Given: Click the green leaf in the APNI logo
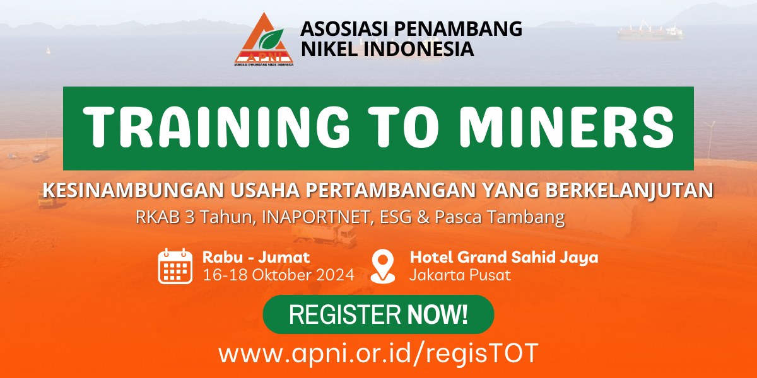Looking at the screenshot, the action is pyautogui.click(x=271, y=39).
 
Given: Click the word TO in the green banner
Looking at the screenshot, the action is pyautogui.click(x=404, y=127).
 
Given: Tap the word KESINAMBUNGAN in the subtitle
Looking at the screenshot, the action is pyautogui.click(x=133, y=190).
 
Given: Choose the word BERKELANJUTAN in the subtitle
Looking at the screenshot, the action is pyautogui.click(x=630, y=190).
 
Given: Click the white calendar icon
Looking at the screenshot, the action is pyautogui.click(x=175, y=266).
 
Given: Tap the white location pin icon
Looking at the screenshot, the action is pyautogui.click(x=382, y=266).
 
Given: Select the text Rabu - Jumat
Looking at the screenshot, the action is pyautogui.click(x=256, y=258).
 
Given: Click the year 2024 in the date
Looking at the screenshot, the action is pyautogui.click(x=335, y=275).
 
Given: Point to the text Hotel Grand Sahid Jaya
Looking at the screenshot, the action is pyautogui.click(x=504, y=258).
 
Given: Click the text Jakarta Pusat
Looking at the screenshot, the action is pyautogui.click(x=460, y=275).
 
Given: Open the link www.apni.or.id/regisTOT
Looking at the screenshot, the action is pyautogui.click(x=378, y=353).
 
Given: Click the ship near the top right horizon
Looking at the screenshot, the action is pyautogui.click(x=650, y=31).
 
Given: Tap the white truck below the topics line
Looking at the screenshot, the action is pyautogui.click(x=324, y=234).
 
